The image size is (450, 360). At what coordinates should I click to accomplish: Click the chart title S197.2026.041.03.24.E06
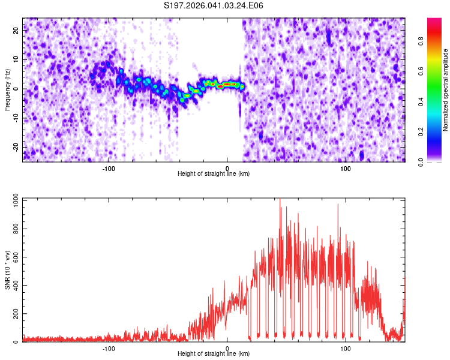point(214,5)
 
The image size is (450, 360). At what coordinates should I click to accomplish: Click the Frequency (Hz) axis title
point(7,89)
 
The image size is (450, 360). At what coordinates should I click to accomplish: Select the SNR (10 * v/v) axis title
point(7,270)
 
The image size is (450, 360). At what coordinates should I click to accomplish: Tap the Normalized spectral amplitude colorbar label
point(446,90)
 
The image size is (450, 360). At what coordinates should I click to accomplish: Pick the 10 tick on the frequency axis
point(17,60)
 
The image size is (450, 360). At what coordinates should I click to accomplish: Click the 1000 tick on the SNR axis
point(13,199)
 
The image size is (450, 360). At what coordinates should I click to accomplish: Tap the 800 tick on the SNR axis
point(14,228)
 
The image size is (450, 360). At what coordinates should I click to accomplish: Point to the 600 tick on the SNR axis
point(14,256)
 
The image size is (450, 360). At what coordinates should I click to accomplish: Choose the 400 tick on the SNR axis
point(14,285)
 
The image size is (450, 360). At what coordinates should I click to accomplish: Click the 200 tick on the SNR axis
point(14,314)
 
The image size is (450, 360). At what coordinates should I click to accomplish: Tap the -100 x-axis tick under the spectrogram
point(109,169)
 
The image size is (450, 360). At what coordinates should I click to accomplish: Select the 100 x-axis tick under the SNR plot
point(346,349)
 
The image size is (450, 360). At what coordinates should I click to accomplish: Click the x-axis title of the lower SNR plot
point(214,355)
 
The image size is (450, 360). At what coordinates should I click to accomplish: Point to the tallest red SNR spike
point(280,200)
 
